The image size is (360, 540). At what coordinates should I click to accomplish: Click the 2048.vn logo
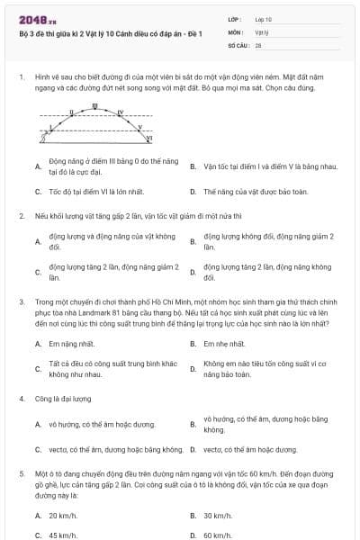(x=33, y=19)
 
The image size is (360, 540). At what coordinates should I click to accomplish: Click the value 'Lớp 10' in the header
(x=263, y=18)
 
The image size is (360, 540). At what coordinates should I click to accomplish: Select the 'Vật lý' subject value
(x=260, y=31)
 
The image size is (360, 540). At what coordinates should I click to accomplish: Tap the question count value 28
(x=258, y=43)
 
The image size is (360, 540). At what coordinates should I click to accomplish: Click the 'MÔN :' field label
(x=236, y=31)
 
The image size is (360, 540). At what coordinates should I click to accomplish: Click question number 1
(x=21, y=78)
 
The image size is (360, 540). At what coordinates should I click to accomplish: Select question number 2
(x=21, y=216)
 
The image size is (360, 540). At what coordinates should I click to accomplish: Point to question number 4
(x=21, y=397)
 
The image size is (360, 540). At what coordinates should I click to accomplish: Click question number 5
(x=21, y=472)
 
